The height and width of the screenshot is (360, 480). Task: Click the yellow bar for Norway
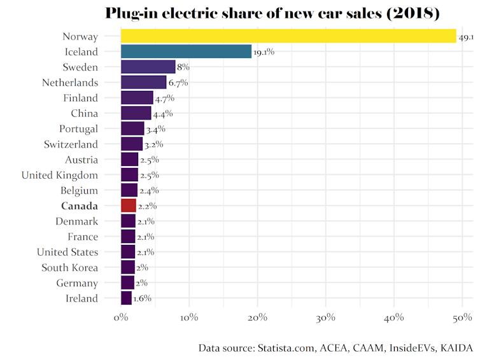pyautogui.click(x=288, y=36)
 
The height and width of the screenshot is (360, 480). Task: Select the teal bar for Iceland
pyautogui.click(x=186, y=52)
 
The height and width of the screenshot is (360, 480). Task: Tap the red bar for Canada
pyautogui.click(x=128, y=205)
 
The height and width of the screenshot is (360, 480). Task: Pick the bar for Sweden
pyautogui.click(x=148, y=67)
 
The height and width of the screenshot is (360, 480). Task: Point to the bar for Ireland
pyautogui.click(x=126, y=298)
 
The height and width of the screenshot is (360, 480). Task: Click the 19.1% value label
pyautogui.click(x=264, y=52)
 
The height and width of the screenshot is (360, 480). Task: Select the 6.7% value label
pyautogui.click(x=178, y=83)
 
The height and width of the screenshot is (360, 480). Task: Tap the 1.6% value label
pyautogui.click(x=143, y=298)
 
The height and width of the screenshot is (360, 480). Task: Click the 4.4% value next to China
pyautogui.click(x=163, y=114)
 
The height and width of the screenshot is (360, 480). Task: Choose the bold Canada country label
pyautogui.click(x=80, y=205)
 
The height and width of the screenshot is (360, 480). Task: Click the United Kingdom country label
pyautogui.click(x=60, y=175)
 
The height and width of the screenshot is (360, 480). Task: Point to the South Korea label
pyautogui.click(x=70, y=267)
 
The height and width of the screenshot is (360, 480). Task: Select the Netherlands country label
pyautogui.click(x=70, y=83)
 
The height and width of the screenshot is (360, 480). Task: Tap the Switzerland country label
pyautogui.click(x=71, y=144)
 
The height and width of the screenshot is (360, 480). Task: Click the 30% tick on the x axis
pyautogui.click(x=326, y=317)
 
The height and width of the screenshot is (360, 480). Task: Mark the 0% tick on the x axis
pyautogui.click(x=120, y=317)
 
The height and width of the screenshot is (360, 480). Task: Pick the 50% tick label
pyautogui.click(x=462, y=317)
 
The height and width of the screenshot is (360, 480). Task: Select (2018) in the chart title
pyautogui.click(x=413, y=14)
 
